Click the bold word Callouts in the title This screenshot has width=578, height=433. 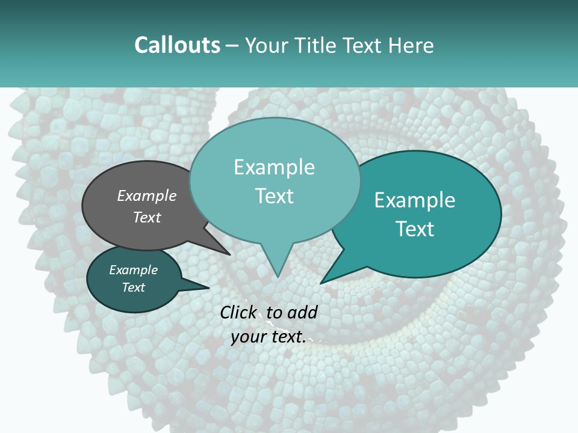pos(177,45)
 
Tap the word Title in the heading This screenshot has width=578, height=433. pos(317,45)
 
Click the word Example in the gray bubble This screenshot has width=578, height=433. pos(147,195)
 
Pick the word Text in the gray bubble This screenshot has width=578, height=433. pos(147,217)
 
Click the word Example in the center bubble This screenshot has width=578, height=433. pos(274,167)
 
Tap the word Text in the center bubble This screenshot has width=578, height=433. pos(274,195)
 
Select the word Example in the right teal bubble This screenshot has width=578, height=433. pos(415,200)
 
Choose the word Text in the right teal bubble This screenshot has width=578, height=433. pos(415,229)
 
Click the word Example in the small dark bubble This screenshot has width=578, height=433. pos(133,270)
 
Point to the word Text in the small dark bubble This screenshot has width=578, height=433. pos(134,287)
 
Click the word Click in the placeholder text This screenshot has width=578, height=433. pos(238,312)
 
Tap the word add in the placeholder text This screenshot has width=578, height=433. pos(302,312)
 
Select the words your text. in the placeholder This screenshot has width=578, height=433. pos(269,337)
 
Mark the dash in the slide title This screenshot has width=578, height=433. pos(233,46)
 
